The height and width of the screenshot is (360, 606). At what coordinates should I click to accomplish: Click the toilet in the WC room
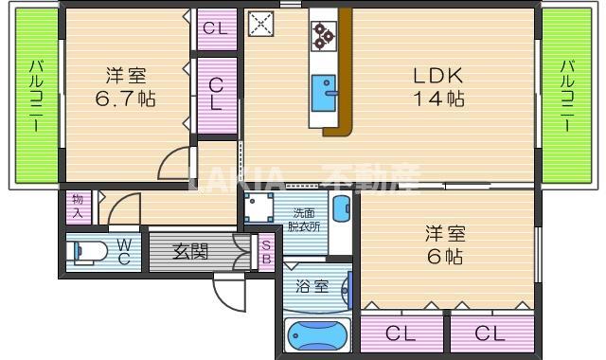coord(86,253)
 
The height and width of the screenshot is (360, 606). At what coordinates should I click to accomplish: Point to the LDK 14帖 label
coord(436,85)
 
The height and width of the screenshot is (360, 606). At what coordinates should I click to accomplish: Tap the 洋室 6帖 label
coord(444,244)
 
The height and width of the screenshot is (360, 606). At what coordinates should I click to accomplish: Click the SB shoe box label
coord(266,251)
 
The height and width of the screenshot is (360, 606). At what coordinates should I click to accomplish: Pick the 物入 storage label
coord(77,206)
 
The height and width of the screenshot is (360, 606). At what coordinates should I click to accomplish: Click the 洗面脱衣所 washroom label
coord(303,220)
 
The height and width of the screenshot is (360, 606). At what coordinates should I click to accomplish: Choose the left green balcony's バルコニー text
coord(34,97)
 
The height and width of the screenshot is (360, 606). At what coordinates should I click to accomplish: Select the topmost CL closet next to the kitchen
coord(216,28)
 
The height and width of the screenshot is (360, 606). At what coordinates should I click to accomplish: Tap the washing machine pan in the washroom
coord(258,207)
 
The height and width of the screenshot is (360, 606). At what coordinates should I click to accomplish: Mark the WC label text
coord(123,251)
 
